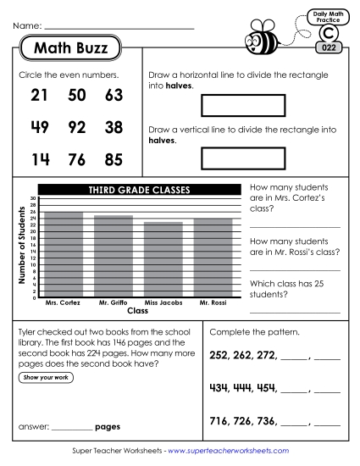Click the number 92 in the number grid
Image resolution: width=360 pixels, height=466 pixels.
(77, 129)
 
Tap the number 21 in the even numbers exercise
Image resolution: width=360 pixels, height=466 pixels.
(39, 96)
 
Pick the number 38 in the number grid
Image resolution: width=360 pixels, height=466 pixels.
(114, 129)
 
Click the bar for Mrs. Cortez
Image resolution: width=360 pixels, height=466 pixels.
(63, 254)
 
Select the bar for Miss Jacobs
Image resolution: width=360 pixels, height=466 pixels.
(163, 259)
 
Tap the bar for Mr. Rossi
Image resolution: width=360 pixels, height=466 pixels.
(213, 258)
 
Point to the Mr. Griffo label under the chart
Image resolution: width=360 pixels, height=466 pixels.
(113, 302)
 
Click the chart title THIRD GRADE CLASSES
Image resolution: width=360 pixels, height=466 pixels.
(140, 189)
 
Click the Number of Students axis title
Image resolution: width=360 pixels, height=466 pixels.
(19, 246)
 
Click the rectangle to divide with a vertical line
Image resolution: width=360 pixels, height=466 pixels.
(230, 158)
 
